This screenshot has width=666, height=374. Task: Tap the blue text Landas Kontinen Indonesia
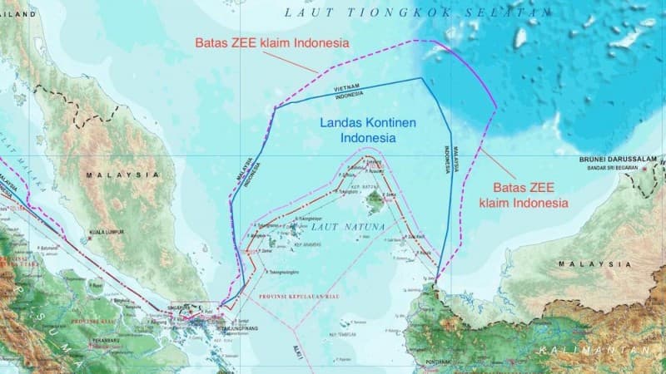pos(356,129)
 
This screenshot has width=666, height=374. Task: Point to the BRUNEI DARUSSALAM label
pos(620,158)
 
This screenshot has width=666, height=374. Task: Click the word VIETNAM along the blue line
pos(348,88)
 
